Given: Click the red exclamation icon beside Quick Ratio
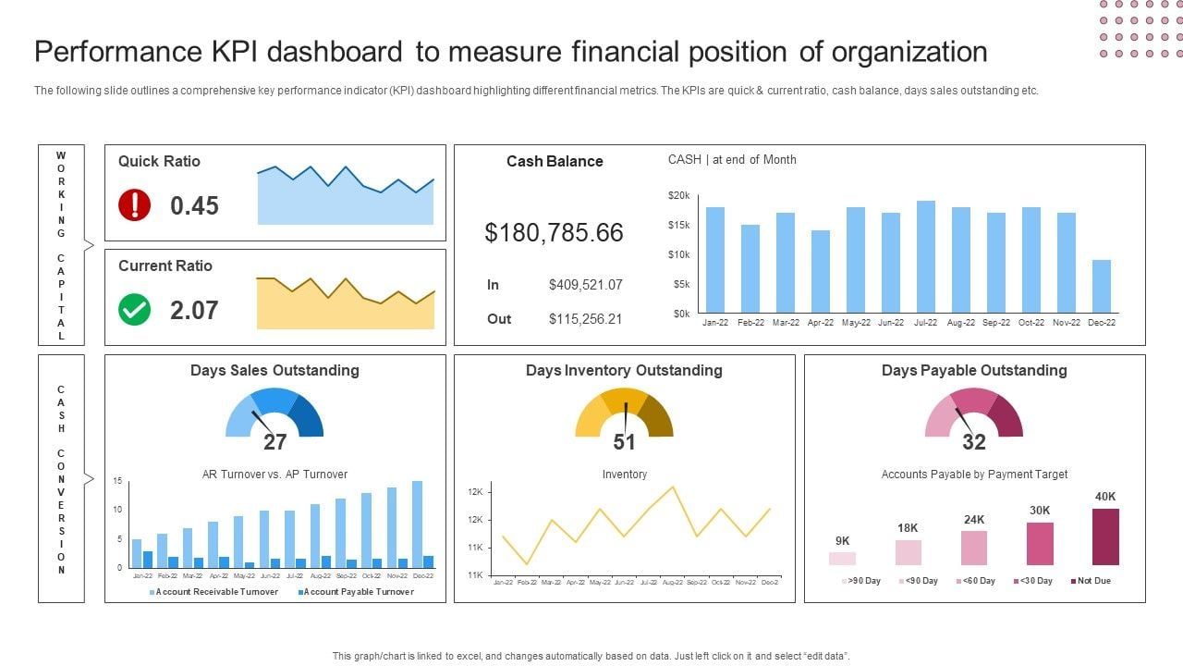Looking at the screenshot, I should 135,204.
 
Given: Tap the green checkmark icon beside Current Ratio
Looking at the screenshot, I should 135,310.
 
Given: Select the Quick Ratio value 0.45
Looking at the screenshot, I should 194,205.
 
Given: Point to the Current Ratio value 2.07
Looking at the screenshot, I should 194,310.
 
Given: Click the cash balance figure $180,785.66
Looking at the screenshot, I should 554,232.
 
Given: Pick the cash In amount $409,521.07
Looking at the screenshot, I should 585,285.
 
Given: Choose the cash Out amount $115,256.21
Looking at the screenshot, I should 585,319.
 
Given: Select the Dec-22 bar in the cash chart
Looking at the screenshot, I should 1101,286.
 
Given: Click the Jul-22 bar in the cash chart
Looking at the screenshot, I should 925,256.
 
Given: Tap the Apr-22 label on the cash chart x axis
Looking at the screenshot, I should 821,323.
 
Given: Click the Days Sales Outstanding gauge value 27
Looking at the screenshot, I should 274,442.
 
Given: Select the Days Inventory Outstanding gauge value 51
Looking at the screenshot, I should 625,442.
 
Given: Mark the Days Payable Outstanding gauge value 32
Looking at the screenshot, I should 974,442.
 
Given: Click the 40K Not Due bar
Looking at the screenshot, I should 1105,536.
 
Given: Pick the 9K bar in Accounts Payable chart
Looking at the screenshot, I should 842,558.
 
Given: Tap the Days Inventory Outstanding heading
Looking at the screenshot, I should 624,370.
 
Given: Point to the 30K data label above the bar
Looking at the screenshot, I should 1040,510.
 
